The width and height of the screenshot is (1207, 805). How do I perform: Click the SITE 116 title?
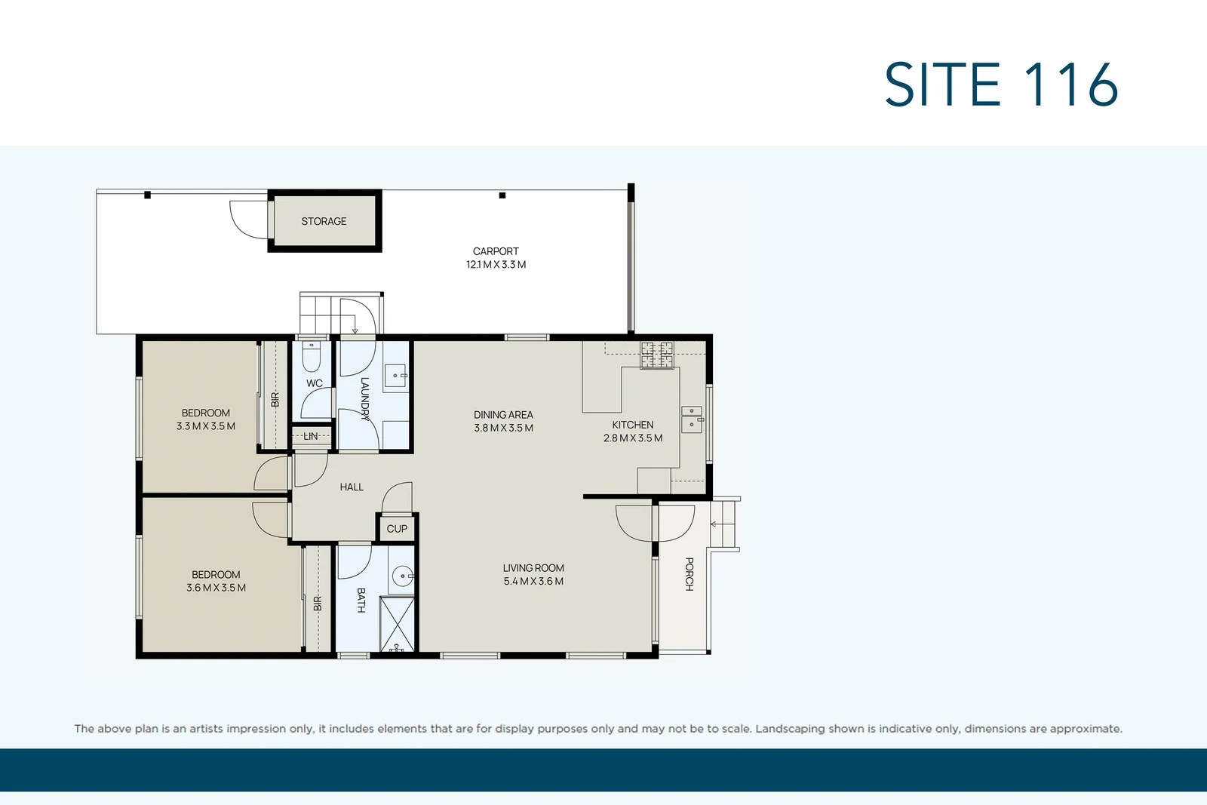(1000, 84)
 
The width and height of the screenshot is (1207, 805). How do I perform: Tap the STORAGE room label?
(324, 221)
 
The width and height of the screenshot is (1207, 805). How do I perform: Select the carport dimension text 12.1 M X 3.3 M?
(496, 265)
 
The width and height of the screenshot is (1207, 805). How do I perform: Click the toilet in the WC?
(312, 355)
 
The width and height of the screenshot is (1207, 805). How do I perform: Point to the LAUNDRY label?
(364, 398)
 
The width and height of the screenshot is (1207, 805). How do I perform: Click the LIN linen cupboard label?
(311, 436)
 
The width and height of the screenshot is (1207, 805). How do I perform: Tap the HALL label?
(352, 487)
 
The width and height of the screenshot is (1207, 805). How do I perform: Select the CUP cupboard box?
(397, 528)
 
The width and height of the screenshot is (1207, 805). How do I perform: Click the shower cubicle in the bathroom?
(397, 623)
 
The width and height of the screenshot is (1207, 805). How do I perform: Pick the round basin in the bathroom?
(403, 576)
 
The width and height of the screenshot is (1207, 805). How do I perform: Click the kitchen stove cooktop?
(656, 355)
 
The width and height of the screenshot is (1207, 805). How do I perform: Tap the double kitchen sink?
(692, 419)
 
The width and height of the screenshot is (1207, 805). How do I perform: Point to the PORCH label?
(689, 574)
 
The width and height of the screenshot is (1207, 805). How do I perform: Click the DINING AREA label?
(503, 415)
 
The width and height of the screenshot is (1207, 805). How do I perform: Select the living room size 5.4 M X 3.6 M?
(533, 582)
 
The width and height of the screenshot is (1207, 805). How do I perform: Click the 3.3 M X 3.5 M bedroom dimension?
(206, 426)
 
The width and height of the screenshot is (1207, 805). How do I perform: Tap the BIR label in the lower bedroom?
(318, 604)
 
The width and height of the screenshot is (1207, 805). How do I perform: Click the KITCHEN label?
(632, 425)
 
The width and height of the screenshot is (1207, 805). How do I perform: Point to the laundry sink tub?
(395, 375)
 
